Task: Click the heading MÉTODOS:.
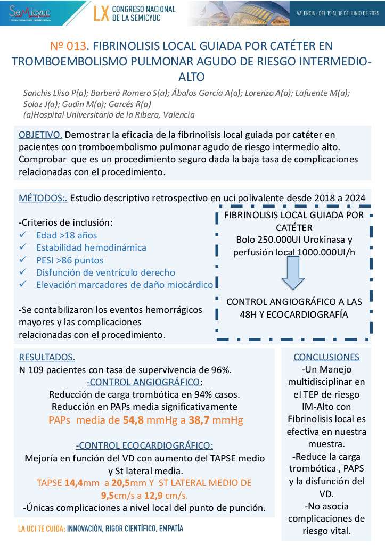click(x=43, y=198)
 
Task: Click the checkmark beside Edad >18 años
click(x=22, y=235)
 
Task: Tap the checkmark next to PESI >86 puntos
click(x=22, y=260)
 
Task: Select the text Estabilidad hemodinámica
click(x=91, y=247)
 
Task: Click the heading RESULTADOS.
click(x=47, y=357)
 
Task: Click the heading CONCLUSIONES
click(x=326, y=357)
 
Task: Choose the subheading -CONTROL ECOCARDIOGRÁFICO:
click(x=144, y=445)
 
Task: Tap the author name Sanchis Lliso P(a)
click(x=54, y=93)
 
